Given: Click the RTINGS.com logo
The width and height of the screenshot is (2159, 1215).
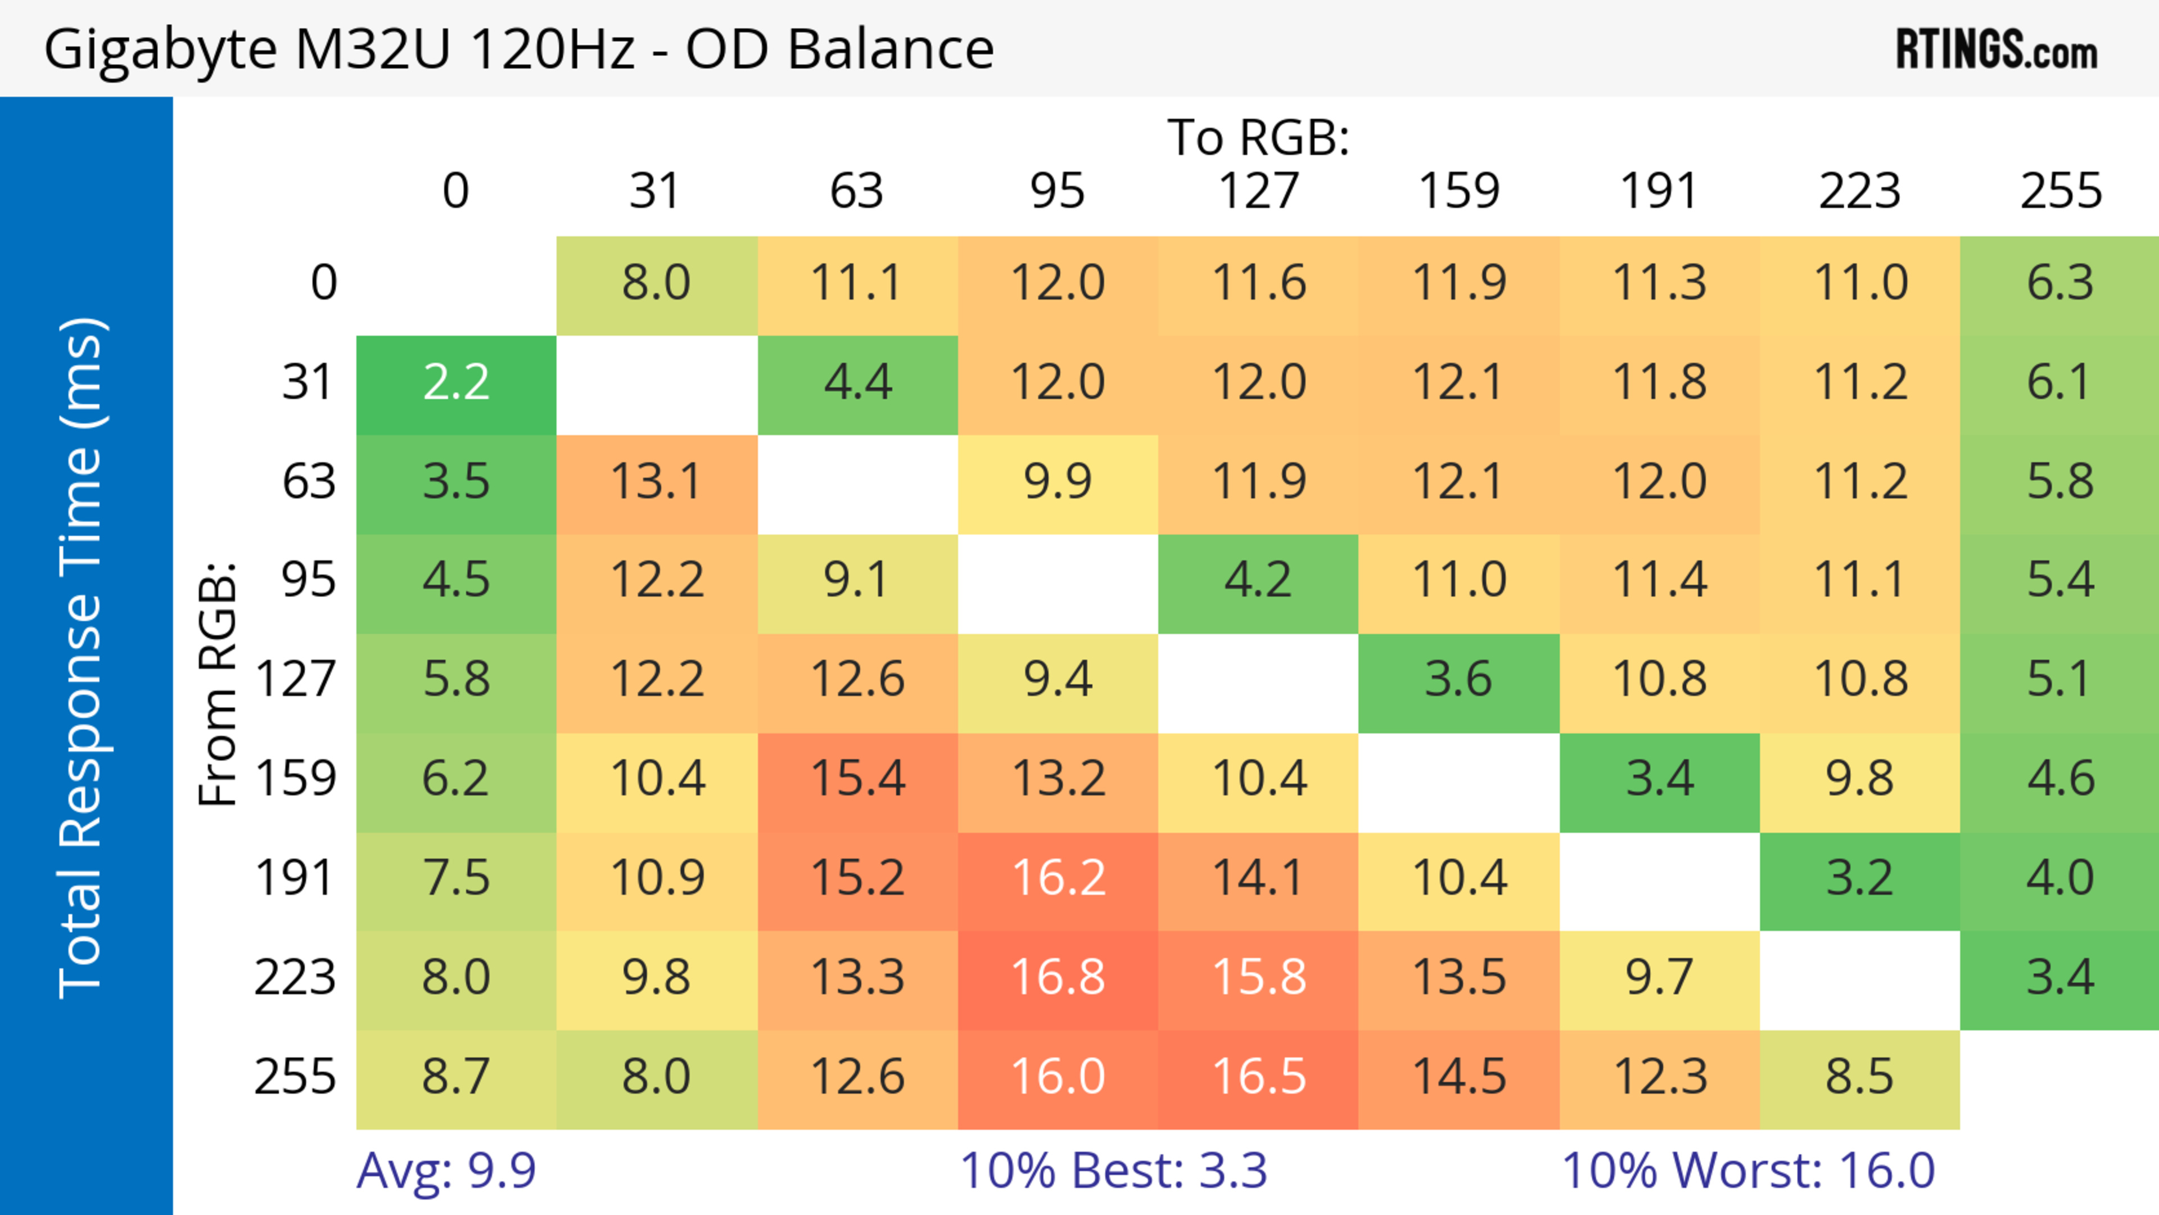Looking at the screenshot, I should (x=1997, y=50).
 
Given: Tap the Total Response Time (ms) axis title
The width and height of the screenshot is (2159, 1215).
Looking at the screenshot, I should (x=82, y=658).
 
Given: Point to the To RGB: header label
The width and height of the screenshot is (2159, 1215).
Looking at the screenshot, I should (x=1258, y=137).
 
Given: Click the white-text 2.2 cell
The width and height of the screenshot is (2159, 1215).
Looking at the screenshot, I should (x=456, y=383).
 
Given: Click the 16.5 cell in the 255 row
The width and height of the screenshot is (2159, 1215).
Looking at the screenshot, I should (x=1259, y=1077).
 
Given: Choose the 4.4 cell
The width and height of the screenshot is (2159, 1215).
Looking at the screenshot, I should (x=857, y=383).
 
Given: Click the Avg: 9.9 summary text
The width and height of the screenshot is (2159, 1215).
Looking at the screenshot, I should (x=446, y=1171).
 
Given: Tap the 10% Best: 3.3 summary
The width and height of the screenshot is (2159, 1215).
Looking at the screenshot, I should (x=1113, y=1171).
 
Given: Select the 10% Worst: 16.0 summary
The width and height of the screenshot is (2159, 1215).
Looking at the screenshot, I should (x=1749, y=1171).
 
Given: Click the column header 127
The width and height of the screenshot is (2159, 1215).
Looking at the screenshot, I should (x=1258, y=191).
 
